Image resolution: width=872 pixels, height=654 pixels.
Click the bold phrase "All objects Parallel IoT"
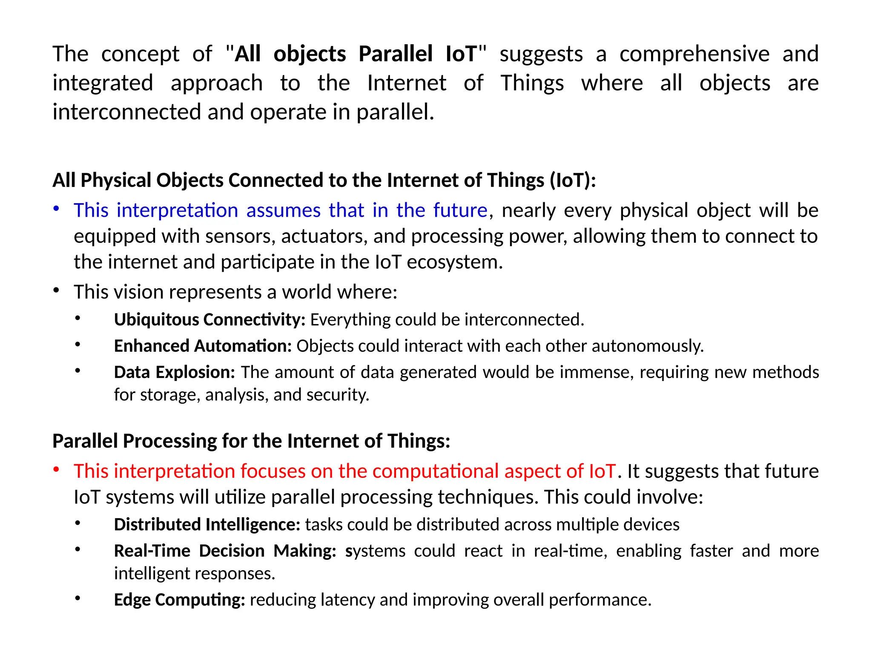point(356,54)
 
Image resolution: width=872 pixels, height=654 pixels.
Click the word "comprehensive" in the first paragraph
point(694,54)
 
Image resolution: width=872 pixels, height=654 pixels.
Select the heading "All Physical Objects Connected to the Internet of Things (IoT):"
point(324,180)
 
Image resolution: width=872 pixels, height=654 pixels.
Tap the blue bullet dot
point(56,208)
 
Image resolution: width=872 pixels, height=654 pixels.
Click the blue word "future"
point(460,210)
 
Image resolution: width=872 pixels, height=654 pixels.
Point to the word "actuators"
point(324,236)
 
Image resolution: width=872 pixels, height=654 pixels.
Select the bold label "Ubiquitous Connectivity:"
point(209,319)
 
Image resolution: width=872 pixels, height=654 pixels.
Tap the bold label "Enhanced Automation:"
point(203,346)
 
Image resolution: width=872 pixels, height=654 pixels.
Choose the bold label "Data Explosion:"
point(175,372)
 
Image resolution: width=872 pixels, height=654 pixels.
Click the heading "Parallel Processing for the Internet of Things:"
point(251,441)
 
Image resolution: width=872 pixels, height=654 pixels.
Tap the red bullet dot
point(56,469)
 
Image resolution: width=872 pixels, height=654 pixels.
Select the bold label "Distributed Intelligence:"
point(207,525)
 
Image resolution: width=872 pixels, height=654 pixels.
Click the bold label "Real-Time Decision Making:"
point(225,551)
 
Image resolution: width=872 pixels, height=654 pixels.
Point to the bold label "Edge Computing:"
point(179,599)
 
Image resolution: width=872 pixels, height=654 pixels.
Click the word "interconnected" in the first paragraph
point(126,112)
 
